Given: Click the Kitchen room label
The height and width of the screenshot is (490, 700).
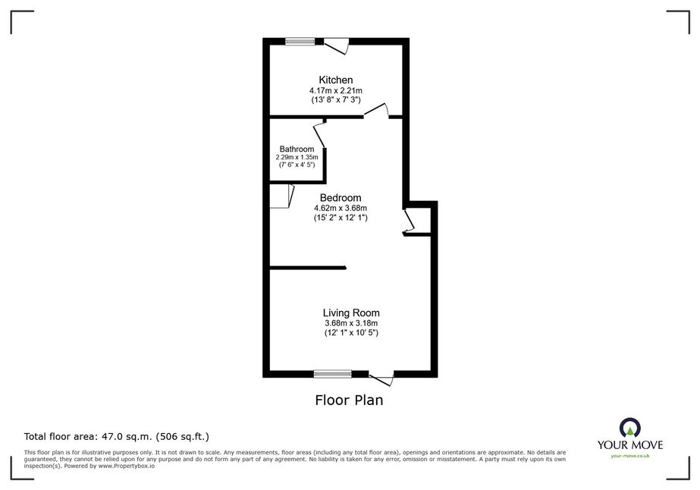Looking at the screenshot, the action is (336, 80).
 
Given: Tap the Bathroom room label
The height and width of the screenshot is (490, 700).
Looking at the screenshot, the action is (297, 149).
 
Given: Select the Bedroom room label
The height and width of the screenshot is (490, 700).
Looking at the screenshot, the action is (341, 198).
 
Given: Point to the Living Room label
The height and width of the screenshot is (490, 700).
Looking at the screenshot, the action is (351, 313).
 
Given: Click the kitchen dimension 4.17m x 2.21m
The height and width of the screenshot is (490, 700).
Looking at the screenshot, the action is (336, 91).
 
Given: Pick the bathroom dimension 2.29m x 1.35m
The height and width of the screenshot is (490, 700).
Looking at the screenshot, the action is (297, 157).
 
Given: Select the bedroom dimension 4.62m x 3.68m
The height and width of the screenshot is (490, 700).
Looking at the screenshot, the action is (341, 208).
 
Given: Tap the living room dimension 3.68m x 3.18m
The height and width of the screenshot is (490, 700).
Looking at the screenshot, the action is (351, 323).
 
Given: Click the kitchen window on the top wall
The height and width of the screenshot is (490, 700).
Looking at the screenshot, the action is (300, 42).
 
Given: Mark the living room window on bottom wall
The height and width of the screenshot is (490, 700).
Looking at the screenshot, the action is (333, 374).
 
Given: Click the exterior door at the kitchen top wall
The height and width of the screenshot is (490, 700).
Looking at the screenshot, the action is (336, 46).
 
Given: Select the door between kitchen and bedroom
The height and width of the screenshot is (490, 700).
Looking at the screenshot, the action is (376, 111).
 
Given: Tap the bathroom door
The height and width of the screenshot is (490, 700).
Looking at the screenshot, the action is (319, 134).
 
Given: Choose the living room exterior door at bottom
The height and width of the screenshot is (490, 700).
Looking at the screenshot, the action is (381, 378).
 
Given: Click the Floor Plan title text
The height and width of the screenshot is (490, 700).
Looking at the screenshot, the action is (349, 400).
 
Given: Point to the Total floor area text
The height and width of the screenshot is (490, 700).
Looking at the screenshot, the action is (117, 436).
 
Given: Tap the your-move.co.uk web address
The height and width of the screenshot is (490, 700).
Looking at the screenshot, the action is (630, 456).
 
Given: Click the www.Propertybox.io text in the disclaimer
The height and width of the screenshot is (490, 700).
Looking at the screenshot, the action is (127, 466).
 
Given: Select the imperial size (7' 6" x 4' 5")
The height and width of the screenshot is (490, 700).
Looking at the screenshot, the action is (297, 165).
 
